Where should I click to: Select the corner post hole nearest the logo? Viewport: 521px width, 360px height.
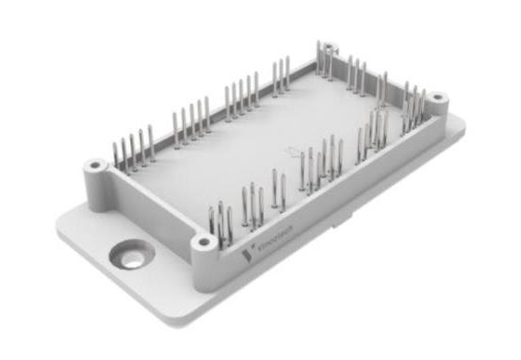(202, 242)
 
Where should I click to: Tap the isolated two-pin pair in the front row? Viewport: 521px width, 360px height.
(278, 188)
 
